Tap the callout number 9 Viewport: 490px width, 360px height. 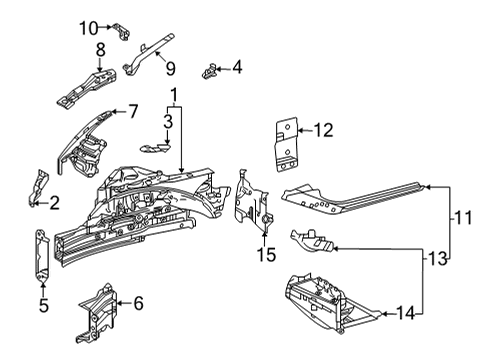tap(170, 68)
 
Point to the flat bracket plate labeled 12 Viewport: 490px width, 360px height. tap(287, 144)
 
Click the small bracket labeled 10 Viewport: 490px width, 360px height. tap(119, 30)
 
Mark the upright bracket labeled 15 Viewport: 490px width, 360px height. tap(250, 195)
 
